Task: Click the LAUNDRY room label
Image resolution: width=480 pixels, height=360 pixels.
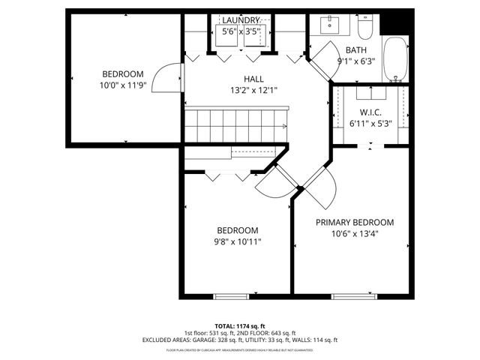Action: coord(241,20)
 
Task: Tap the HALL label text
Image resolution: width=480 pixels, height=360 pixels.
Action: coord(253,79)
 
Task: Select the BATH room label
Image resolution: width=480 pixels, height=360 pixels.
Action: coord(356,50)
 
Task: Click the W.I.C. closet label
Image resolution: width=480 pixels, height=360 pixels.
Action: coord(367,112)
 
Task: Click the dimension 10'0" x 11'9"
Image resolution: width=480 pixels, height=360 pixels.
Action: coord(123,85)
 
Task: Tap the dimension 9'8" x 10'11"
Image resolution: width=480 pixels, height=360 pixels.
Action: coord(238,241)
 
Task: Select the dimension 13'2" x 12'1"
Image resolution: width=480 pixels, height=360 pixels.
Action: coord(253,90)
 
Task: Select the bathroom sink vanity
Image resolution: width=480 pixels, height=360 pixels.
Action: coord(331,24)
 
